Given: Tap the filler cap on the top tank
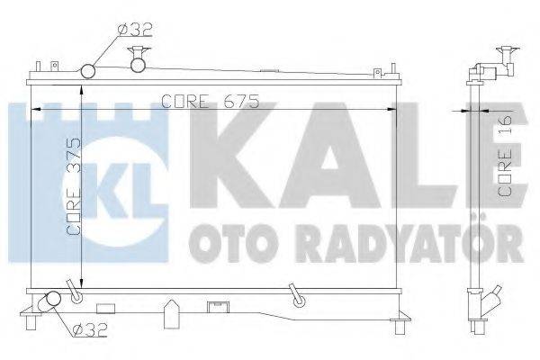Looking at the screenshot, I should tap(138, 58).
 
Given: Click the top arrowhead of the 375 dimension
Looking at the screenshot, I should tap(84, 84).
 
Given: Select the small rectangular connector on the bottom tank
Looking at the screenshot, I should tap(216, 305).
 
